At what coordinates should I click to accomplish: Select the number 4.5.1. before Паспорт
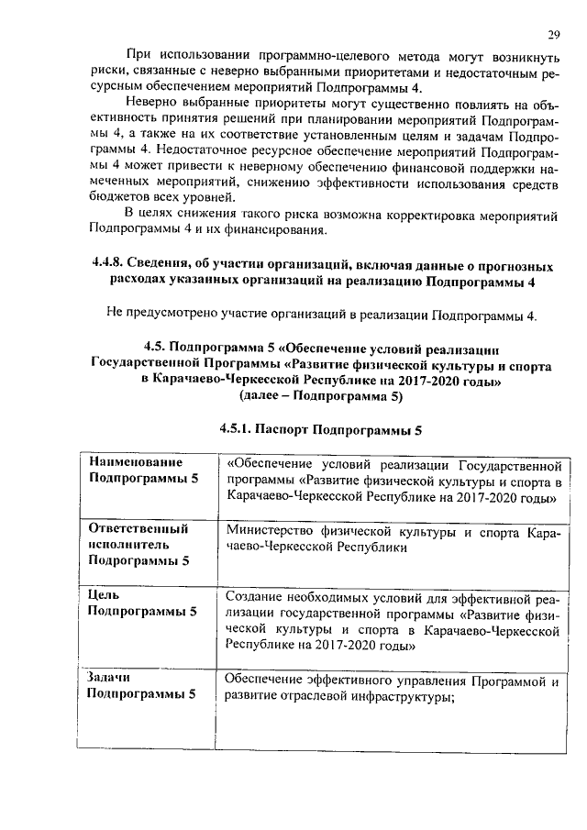[235, 428]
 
